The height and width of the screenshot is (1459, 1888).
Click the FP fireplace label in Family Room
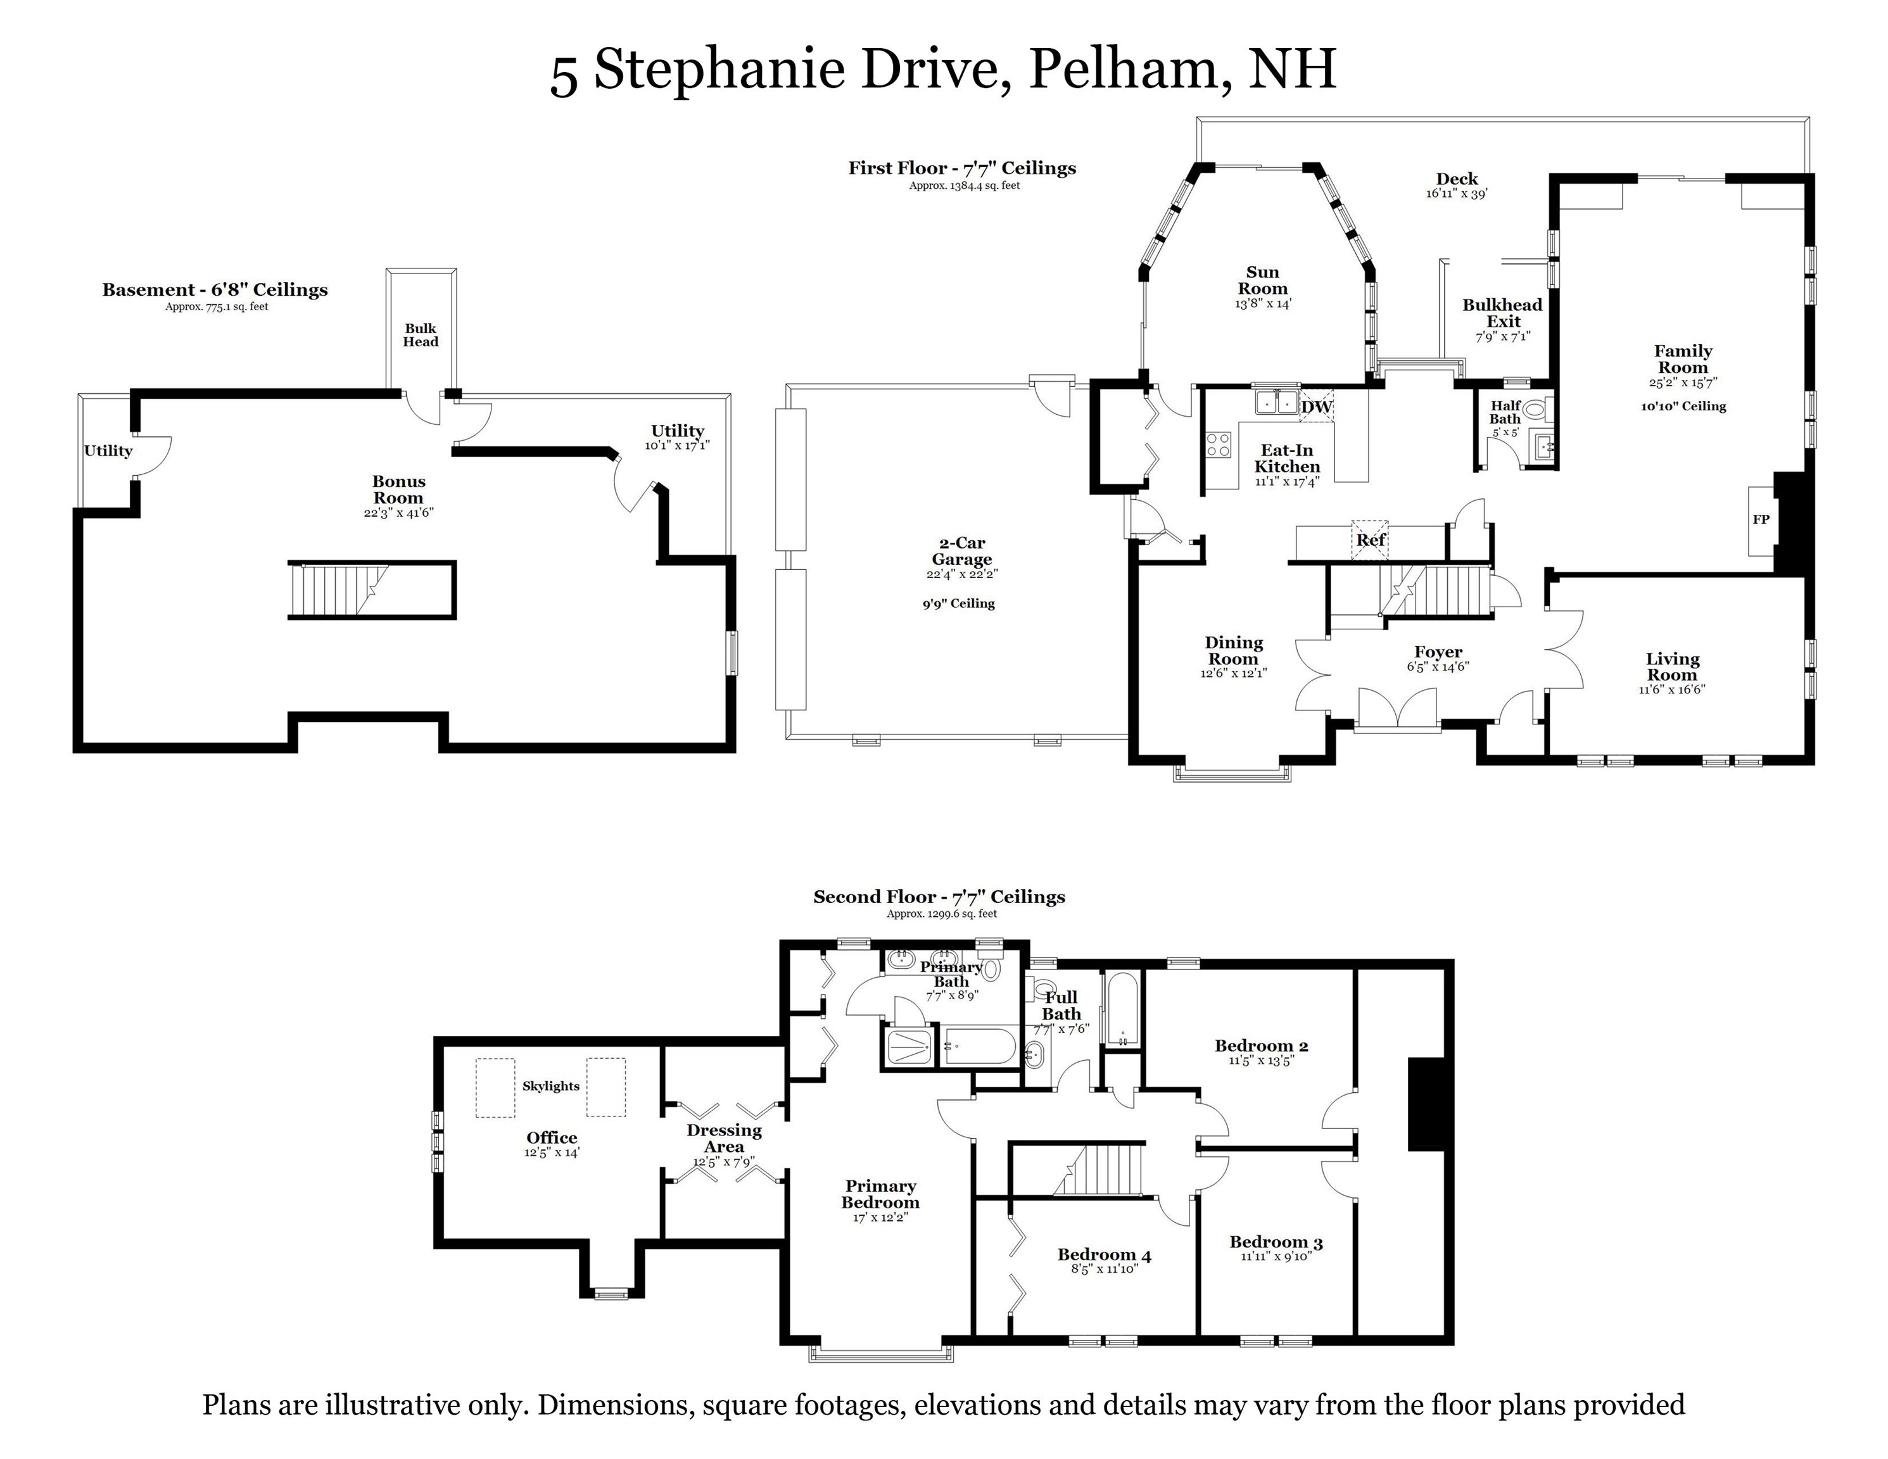coord(1761,519)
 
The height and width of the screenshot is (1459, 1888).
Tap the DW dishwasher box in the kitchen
coord(1317,407)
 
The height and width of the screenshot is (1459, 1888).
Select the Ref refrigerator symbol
coord(1370,540)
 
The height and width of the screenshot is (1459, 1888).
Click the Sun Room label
coord(1262,280)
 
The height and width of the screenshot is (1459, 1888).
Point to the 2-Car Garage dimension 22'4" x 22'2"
coord(962,574)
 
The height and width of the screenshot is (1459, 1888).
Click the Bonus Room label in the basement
coord(398,489)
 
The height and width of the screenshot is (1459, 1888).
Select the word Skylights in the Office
coord(550,1085)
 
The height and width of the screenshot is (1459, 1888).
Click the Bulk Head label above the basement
coord(421,334)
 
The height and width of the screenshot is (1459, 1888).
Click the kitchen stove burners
coord(1218,445)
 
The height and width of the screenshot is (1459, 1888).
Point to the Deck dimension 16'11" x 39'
coord(1457,194)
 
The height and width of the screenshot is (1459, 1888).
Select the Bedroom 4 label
coord(1104,1254)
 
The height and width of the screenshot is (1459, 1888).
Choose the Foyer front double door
coord(1397,711)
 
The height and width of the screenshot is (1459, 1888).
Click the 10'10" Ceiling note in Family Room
coord(1683,407)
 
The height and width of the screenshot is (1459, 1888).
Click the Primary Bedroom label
coord(880,1194)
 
